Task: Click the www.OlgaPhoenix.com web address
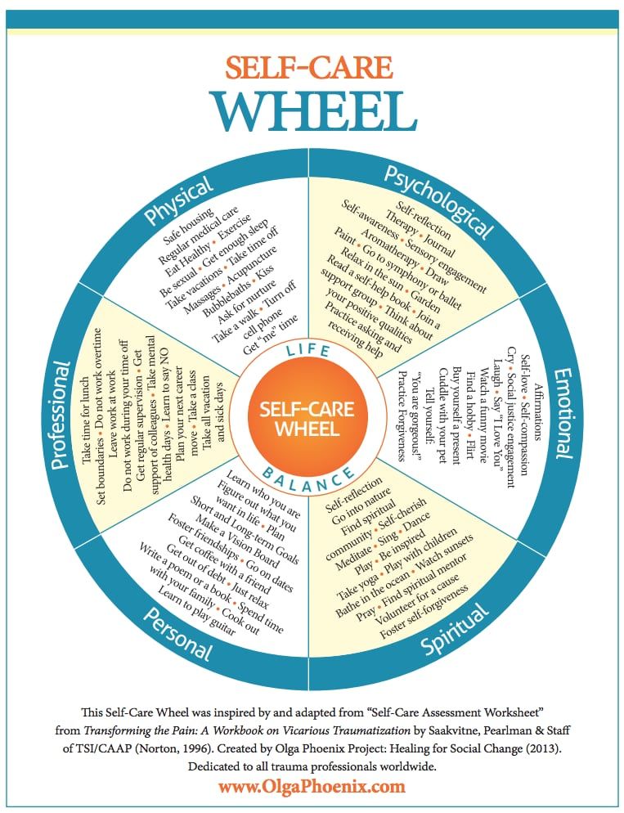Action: point(312,787)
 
